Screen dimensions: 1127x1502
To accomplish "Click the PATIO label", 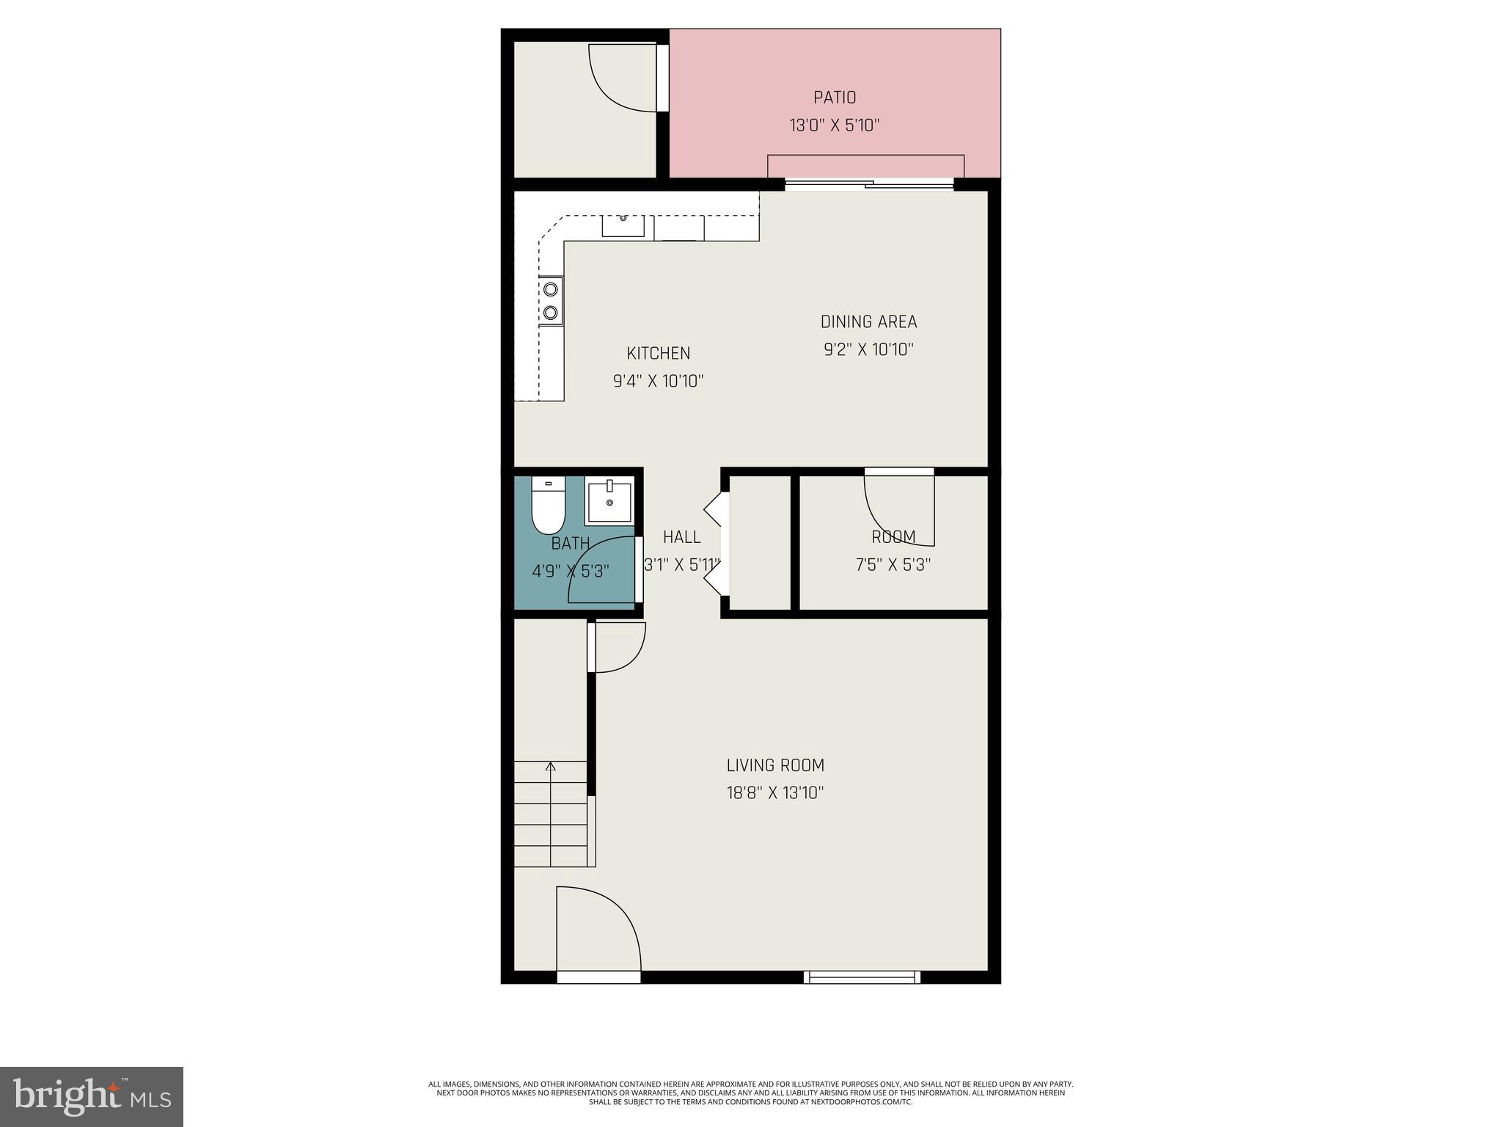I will (834, 98).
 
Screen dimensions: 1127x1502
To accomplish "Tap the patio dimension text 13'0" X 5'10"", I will (834, 125).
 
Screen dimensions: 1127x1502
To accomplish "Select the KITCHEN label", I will (658, 354).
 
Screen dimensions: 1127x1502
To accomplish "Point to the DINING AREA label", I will (868, 322).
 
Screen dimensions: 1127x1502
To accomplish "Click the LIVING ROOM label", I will (775, 765).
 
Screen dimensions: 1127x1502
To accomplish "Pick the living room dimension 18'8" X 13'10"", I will (775, 793).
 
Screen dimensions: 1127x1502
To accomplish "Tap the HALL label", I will (681, 537).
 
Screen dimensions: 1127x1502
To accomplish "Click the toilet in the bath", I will (548, 508).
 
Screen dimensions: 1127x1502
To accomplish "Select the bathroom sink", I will (609, 502).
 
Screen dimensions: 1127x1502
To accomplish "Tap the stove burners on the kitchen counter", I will (551, 301).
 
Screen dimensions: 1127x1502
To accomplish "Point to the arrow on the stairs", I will (551, 767).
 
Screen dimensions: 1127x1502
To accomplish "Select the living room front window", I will (862, 977).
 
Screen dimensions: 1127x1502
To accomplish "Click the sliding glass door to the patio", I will (869, 185).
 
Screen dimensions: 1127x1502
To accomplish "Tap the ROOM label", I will (893, 537).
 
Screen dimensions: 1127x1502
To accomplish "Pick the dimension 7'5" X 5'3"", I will (893, 565).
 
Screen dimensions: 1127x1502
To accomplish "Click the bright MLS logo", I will (92, 1097).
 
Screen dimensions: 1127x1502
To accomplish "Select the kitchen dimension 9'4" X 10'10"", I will (658, 382).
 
